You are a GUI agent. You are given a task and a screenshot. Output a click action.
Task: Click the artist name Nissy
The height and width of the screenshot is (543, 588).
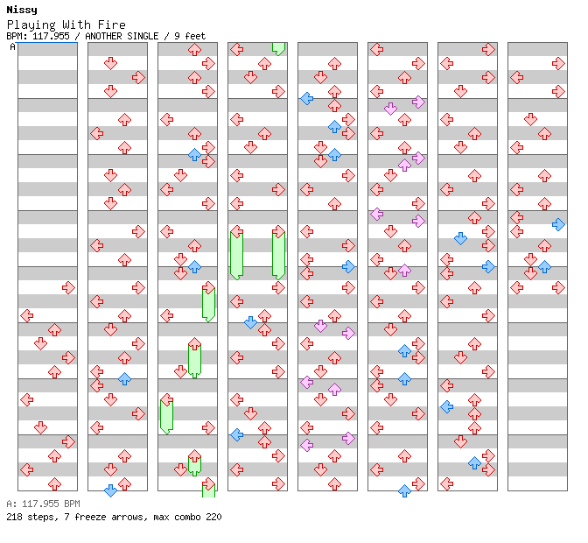pyautogui.click(x=22, y=10)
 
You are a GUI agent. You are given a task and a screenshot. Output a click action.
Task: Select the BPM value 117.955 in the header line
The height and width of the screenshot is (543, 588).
pyautogui.click(x=51, y=36)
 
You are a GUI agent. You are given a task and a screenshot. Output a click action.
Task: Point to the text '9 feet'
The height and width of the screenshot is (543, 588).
pyautogui.click(x=190, y=36)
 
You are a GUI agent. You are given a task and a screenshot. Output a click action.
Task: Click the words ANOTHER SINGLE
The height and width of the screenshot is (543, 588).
pyautogui.click(x=122, y=36)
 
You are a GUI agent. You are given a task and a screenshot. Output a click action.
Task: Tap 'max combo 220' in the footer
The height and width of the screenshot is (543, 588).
pyautogui.click(x=187, y=517)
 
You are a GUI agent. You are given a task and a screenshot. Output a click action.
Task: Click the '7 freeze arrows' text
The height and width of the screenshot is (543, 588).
pyautogui.click(x=103, y=517)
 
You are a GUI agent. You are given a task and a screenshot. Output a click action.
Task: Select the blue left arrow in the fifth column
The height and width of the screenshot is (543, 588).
pyautogui.click(x=307, y=99)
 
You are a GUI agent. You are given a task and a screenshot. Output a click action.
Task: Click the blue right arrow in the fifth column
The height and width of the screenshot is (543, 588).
pyautogui.click(x=349, y=267)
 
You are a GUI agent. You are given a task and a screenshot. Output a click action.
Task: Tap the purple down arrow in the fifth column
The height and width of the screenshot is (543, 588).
pyautogui.click(x=320, y=326)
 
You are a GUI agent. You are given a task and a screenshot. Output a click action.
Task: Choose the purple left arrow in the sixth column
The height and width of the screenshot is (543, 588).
pyautogui.click(x=376, y=215)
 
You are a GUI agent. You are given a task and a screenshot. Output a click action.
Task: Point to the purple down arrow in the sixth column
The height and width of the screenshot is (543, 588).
pyautogui.click(x=391, y=109)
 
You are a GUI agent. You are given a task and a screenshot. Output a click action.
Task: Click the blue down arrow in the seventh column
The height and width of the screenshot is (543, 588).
pyautogui.click(x=460, y=238)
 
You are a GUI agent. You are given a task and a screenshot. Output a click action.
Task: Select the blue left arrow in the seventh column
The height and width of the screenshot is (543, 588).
pyautogui.click(x=446, y=406)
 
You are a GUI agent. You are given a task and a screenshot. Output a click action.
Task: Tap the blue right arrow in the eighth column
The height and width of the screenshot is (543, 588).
pyautogui.click(x=558, y=224)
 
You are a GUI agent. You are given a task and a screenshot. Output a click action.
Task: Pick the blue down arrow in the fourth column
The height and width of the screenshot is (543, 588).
pyautogui.click(x=250, y=322)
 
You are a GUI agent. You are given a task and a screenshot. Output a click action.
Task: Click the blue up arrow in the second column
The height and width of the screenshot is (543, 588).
pyautogui.click(x=124, y=378)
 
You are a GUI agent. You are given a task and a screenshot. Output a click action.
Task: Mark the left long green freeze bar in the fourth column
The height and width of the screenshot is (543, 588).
pyautogui.click(x=236, y=256)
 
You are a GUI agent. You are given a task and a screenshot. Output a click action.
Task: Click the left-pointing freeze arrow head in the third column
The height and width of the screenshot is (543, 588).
pyautogui.click(x=166, y=400)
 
